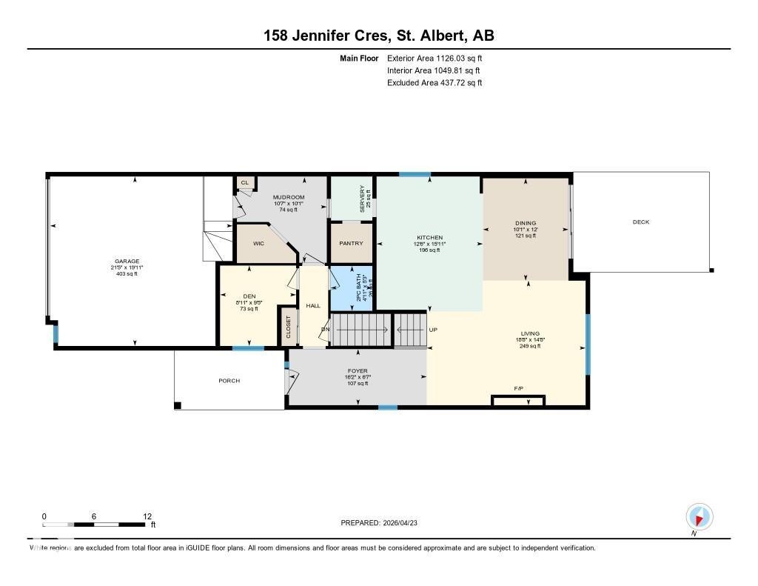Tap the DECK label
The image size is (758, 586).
tap(640, 222)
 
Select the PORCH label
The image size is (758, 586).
tap(229, 381)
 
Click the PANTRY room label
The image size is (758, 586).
tap(351, 243)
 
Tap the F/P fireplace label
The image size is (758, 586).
tap(519, 389)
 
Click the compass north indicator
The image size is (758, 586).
tap(699, 516)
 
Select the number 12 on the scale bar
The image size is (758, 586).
tap(147, 516)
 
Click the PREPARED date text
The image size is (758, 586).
tap(384, 523)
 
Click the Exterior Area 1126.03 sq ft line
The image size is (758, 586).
tap(435, 59)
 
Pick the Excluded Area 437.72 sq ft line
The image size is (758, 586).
tap(435, 83)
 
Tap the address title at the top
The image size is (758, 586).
tap(379, 36)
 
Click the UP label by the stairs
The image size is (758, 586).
tap(433, 330)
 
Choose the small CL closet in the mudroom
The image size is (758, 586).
tap(244, 182)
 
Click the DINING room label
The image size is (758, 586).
tap(526, 223)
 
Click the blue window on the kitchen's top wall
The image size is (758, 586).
tap(415, 175)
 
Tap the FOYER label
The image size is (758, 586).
tap(358, 371)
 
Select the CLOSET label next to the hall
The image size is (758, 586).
tap(289, 327)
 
